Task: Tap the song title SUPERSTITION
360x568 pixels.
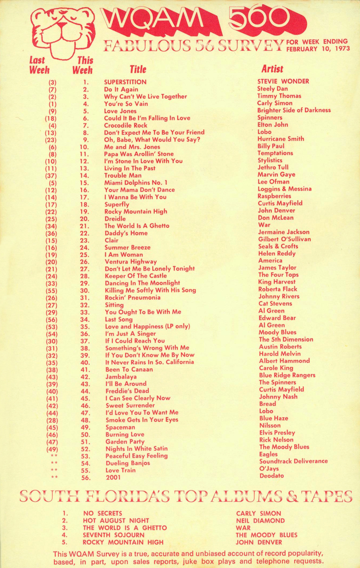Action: pos(125,82)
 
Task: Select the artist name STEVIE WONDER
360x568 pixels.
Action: pos(283,81)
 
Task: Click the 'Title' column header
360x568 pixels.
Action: pos(138,69)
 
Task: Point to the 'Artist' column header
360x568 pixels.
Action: pos(272,69)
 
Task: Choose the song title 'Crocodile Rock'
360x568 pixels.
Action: pos(126,125)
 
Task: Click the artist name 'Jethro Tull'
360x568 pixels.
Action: pos(273,167)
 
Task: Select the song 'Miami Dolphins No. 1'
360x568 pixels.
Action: pos(136,183)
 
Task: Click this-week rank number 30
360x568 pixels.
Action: pos(85,291)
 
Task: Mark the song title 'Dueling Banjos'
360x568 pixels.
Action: pos(128,463)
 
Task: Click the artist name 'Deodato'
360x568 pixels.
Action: pos(272,476)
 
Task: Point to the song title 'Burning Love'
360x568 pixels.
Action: pos(125,434)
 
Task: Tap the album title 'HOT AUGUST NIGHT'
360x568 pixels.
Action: pos(116,521)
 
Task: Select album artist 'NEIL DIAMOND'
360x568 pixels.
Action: pos(260,521)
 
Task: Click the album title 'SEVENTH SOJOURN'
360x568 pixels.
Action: pos(114,535)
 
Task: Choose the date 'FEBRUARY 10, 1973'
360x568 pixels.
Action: pos(318,49)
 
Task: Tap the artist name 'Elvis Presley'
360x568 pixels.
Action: pos(277,433)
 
